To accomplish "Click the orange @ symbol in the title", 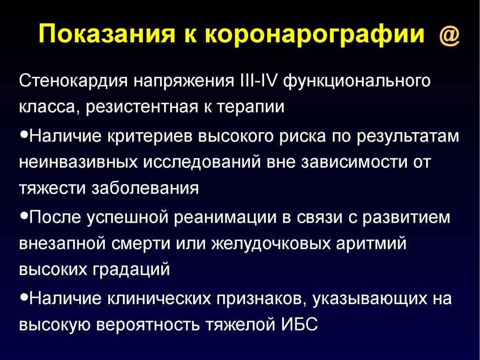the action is point(450,35).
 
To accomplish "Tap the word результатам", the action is point(408,136).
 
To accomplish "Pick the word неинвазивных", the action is point(78,162).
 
